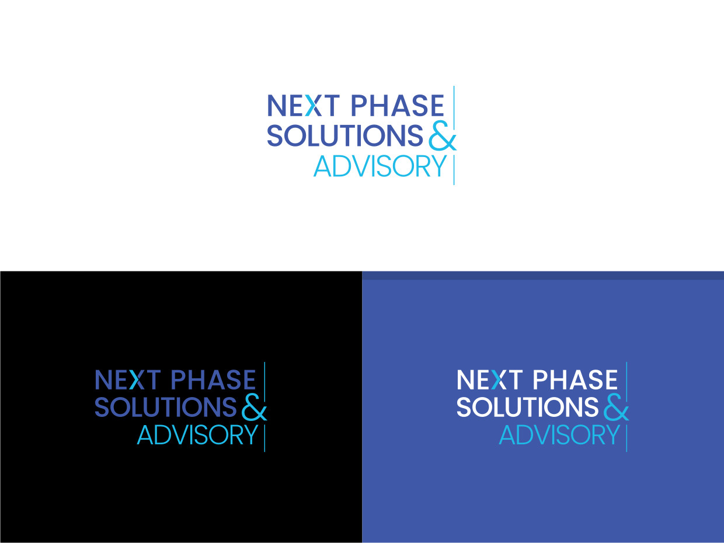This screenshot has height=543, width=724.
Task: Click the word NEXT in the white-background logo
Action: pos(303,106)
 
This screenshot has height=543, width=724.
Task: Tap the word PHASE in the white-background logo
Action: pos(398,106)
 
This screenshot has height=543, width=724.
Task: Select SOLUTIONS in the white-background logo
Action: pos(344,135)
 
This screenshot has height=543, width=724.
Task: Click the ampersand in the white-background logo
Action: pos(443,136)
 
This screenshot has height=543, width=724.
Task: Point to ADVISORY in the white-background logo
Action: pos(380,166)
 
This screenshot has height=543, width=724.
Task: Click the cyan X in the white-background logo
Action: pos(314,106)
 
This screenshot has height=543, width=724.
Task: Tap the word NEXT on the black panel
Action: pos(128,380)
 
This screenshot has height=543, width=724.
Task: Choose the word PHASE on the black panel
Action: pos(214,380)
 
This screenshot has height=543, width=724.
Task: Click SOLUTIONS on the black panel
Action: pos(166,407)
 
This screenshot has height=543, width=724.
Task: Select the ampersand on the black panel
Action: pos(254,408)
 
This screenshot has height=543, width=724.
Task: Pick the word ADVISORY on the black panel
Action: pos(197,435)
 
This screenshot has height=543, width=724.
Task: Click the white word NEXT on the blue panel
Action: pos(490,380)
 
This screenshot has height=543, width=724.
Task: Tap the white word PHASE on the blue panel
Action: pos(575,380)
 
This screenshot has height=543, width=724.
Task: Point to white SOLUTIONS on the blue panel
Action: pos(527,407)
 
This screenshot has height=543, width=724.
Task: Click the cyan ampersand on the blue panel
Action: pos(616,408)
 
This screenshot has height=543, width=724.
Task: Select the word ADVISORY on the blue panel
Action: pos(559,435)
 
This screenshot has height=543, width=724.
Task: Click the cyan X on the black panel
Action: pos(137,380)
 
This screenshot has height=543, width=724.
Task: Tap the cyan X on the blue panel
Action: pos(499,380)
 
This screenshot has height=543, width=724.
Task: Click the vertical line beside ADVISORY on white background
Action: pos(454,170)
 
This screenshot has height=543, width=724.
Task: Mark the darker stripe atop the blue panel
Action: pos(543,275)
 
